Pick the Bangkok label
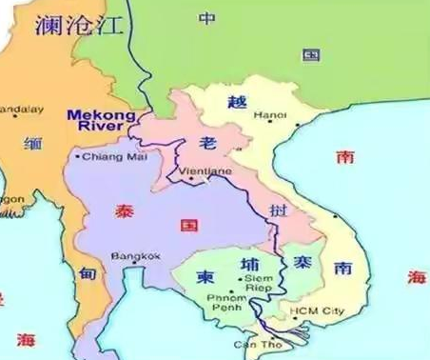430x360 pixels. point(135,255)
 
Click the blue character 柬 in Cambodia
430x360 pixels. point(203,277)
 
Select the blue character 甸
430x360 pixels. point(88,273)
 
